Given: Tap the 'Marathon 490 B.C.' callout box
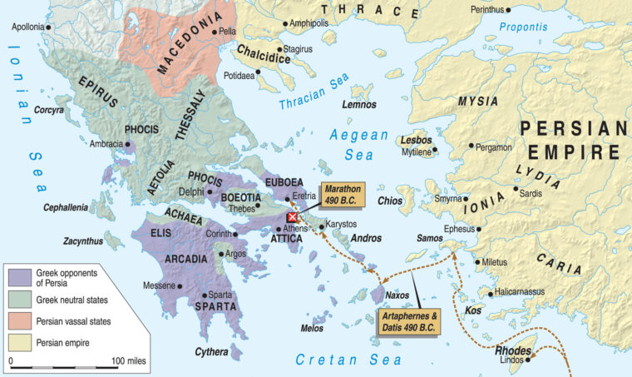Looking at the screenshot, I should click(x=343, y=194).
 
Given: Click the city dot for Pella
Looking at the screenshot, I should click(x=214, y=32).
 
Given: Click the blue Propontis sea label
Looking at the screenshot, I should click(x=524, y=27).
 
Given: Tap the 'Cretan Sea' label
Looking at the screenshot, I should click(x=348, y=359).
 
